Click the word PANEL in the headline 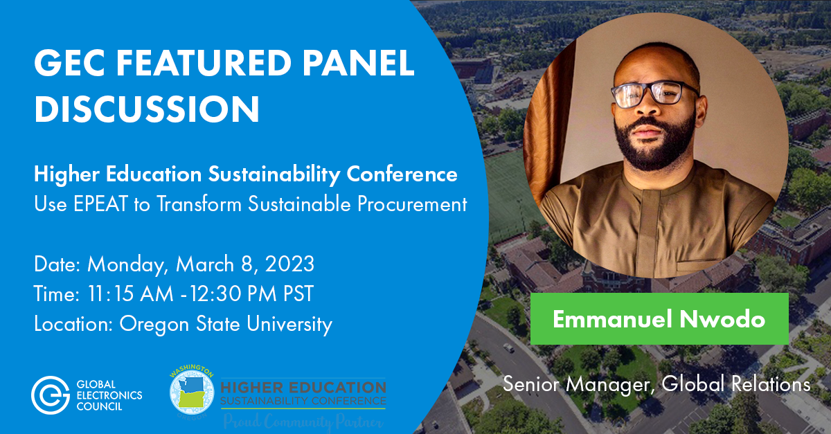(x=357, y=63)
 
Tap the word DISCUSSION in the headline (x=147, y=109)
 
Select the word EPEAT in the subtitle (x=100, y=204)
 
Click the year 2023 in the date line (x=289, y=264)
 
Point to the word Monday (x=126, y=265)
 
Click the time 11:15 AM (x=130, y=293)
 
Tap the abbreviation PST (x=298, y=293)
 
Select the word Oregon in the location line (x=154, y=325)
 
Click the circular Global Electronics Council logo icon (x=50, y=395)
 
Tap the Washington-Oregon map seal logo (x=192, y=392)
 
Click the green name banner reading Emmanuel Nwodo (x=659, y=318)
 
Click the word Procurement (x=412, y=204)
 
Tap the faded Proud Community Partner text (x=303, y=422)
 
